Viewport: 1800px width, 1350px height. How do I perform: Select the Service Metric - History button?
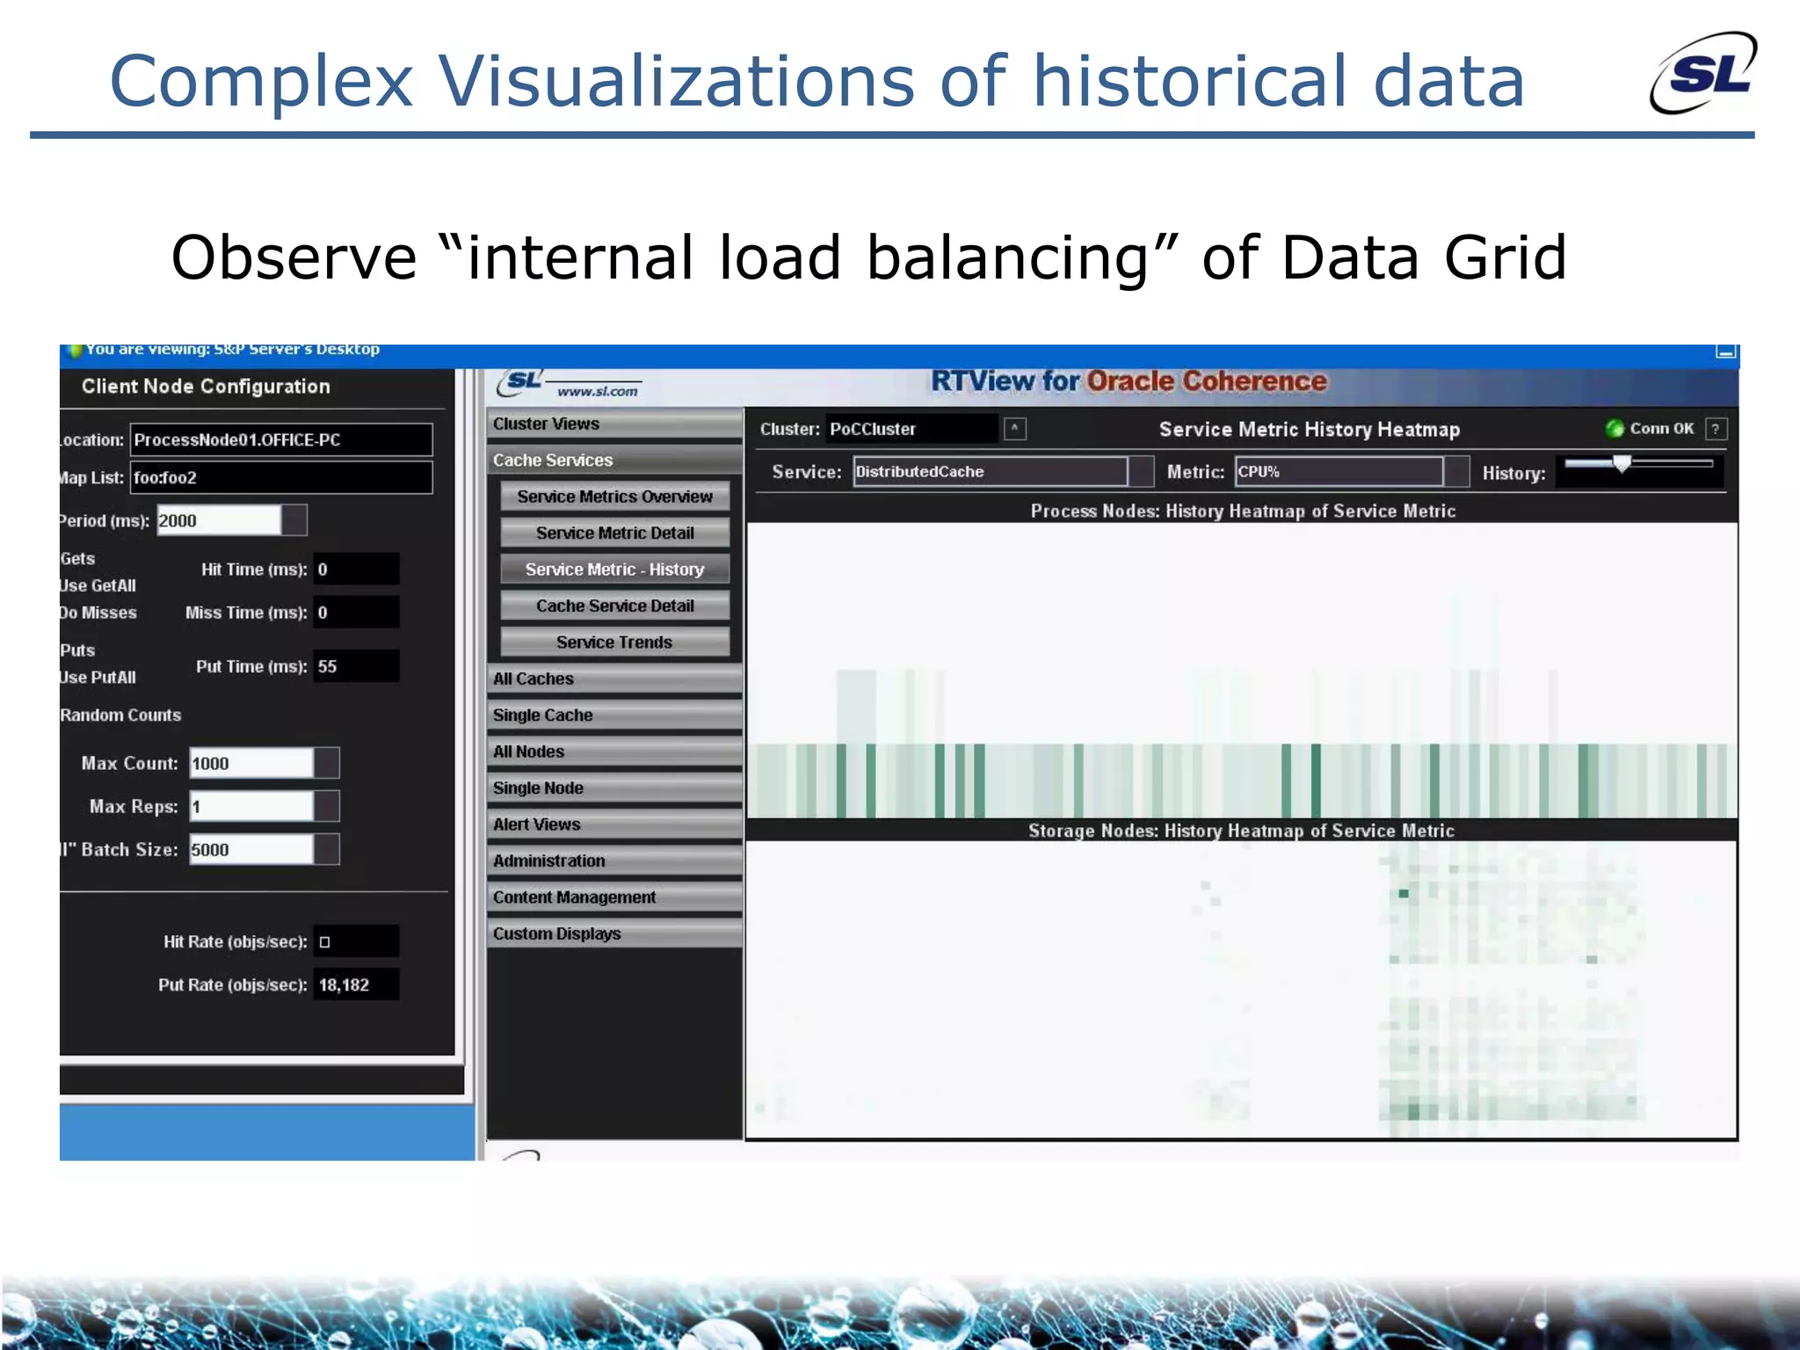[x=614, y=570]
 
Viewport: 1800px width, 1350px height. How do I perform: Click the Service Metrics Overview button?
[x=614, y=497]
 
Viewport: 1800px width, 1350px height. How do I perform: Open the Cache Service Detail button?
[x=614, y=606]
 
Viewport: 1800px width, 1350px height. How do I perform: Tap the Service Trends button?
[x=614, y=642]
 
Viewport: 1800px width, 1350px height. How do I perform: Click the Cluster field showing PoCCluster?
[x=911, y=429]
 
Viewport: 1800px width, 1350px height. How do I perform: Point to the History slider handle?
[x=1622, y=464]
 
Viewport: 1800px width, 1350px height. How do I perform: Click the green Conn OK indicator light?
[x=1614, y=429]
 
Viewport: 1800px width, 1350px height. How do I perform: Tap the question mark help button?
[x=1715, y=429]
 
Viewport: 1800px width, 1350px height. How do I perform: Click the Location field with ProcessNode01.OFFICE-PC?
[x=280, y=439]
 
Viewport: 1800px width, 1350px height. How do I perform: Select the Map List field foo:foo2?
[x=280, y=478]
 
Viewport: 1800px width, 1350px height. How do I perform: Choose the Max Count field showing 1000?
[x=250, y=763]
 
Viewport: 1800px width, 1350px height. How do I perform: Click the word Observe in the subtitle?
[x=294, y=258]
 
